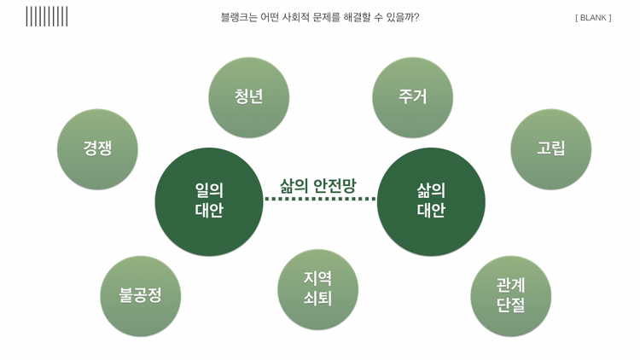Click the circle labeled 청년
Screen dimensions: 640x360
(x=248, y=97)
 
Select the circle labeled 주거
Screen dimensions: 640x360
(x=412, y=97)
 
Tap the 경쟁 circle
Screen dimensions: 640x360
(x=97, y=149)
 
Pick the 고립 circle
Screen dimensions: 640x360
(x=550, y=149)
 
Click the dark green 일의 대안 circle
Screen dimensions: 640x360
(x=209, y=201)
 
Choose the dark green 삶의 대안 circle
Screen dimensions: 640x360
(x=431, y=201)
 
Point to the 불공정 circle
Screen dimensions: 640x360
(x=140, y=296)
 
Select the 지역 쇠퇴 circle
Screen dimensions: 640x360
(x=317, y=289)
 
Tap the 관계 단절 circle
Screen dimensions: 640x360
(x=510, y=296)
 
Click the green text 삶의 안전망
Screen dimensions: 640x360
(x=317, y=184)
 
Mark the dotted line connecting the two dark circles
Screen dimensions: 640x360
(x=319, y=199)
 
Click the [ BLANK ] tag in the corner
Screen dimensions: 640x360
(x=593, y=17)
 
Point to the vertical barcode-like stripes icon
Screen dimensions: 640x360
(x=47, y=16)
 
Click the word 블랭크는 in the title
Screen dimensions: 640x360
(x=241, y=17)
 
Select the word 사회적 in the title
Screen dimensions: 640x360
(x=301, y=17)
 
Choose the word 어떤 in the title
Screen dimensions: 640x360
(x=272, y=17)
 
